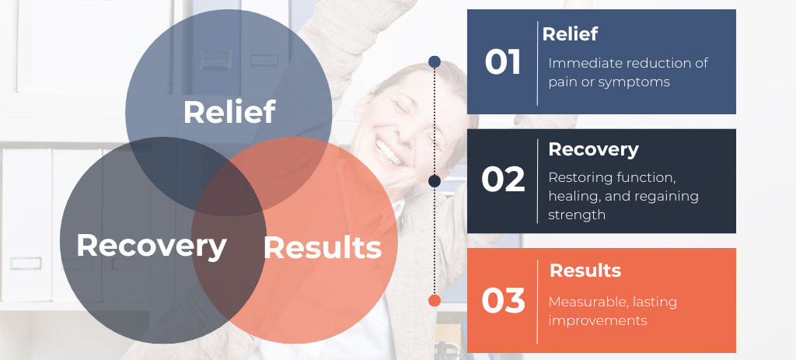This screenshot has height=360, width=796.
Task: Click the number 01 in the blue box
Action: point(503,62)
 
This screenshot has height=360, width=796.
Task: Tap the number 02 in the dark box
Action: point(503,180)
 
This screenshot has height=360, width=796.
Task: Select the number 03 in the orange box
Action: point(503,301)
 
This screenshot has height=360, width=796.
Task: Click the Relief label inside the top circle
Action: point(229,112)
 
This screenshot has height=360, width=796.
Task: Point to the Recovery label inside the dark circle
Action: point(152,246)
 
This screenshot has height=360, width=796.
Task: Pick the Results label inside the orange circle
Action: point(323,248)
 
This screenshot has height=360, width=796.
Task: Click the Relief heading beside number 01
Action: point(570,34)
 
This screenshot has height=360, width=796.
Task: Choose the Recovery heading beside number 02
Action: point(593,149)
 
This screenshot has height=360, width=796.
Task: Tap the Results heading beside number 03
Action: point(585,270)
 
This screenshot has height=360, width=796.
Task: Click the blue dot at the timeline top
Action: point(434,62)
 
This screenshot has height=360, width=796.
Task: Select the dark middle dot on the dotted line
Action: point(434,181)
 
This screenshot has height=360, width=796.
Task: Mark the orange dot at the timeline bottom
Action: point(434,301)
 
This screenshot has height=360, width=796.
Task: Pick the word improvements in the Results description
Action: point(598,321)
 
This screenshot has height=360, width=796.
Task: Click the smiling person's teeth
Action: point(389,151)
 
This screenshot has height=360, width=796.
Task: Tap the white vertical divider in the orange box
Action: point(538,302)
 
